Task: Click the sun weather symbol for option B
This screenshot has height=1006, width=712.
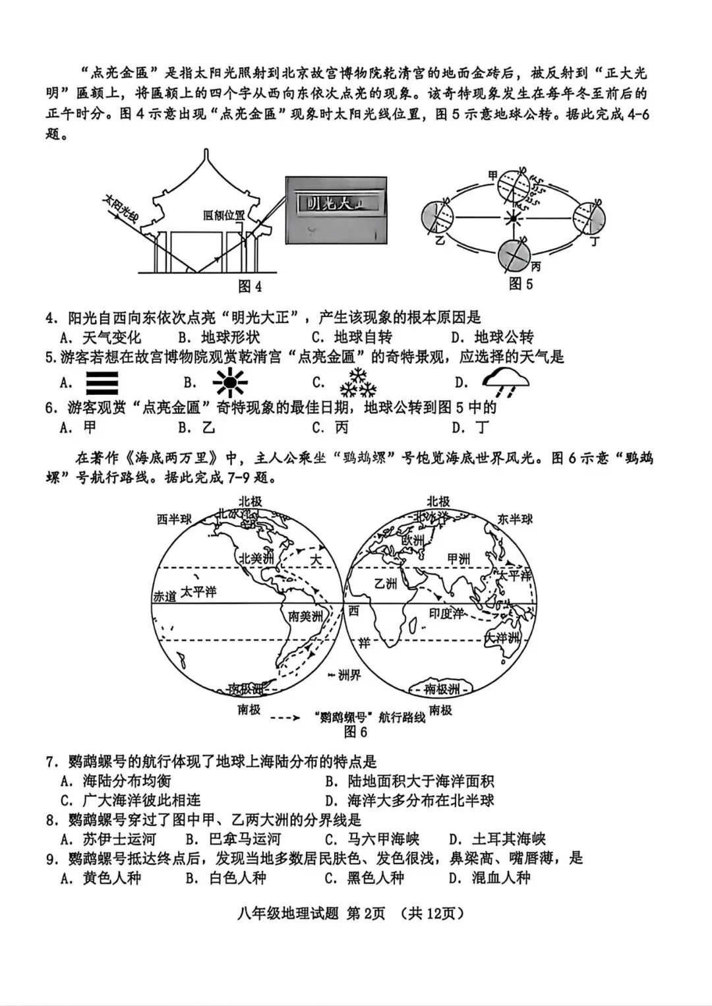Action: [229, 382]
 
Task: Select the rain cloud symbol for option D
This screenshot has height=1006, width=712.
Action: [505, 382]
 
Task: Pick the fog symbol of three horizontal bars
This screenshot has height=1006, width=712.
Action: [102, 382]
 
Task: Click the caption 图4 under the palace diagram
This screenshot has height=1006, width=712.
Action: [249, 286]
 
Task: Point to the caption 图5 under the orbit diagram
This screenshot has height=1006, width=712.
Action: [520, 283]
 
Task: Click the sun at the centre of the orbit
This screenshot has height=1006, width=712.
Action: [512, 218]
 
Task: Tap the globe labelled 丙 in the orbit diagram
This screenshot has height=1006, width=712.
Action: [515, 255]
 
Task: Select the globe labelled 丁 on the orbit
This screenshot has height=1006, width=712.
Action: [588, 216]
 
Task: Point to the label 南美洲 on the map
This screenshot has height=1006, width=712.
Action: [306, 616]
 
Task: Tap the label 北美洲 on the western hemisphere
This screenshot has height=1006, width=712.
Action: [256, 558]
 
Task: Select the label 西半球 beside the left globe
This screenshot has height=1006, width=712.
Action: [174, 519]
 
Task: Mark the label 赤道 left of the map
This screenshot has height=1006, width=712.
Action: [165, 596]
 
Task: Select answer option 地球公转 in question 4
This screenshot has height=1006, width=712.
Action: [504, 338]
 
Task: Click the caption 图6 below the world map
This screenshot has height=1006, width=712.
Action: [355, 732]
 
